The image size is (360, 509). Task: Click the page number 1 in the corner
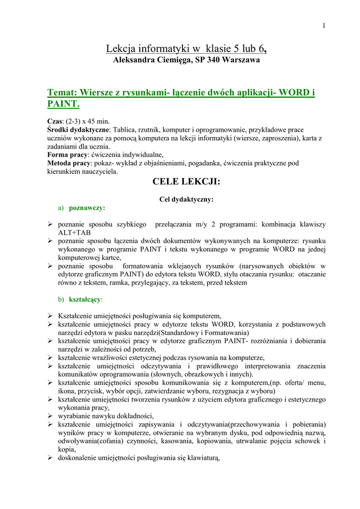pos(324,26)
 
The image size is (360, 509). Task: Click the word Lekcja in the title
pos(119,49)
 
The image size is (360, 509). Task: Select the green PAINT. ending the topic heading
pos(63,104)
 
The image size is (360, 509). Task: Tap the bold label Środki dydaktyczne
pos(79,130)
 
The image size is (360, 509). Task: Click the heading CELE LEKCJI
pos(186,182)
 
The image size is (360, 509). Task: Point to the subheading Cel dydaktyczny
pos(186,199)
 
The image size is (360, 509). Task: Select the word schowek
pos(307,441)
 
